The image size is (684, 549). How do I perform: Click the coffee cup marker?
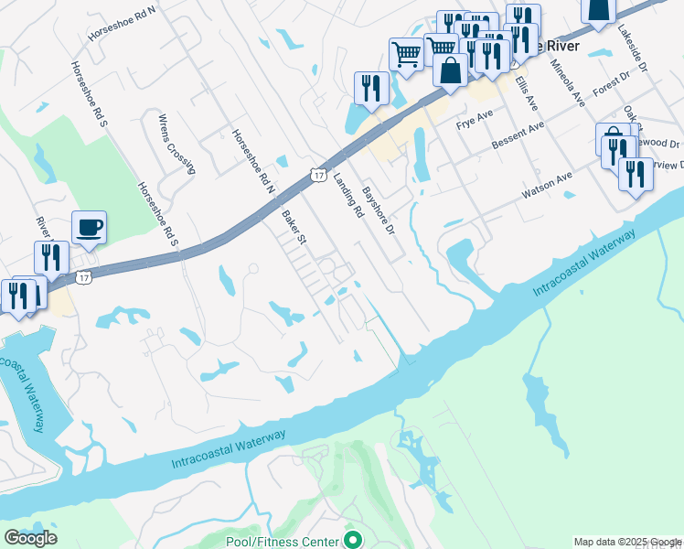pyautogui.click(x=89, y=226)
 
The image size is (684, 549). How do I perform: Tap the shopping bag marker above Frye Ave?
pyautogui.click(x=450, y=70)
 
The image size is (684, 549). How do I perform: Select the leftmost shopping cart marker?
pyautogui.click(x=405, y=52)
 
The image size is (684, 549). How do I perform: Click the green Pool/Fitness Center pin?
pyautogui.click(x=352, y=541)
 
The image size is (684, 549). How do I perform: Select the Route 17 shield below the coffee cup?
pyautogui.click(x=84, y=275)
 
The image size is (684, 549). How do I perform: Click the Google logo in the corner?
pyautogui.click(x=30, y=538)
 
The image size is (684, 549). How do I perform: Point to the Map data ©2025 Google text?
pyautogui.click(x=626, y=542)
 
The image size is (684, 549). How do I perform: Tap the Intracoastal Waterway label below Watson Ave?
pyautogui.click(x=584, y=264)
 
